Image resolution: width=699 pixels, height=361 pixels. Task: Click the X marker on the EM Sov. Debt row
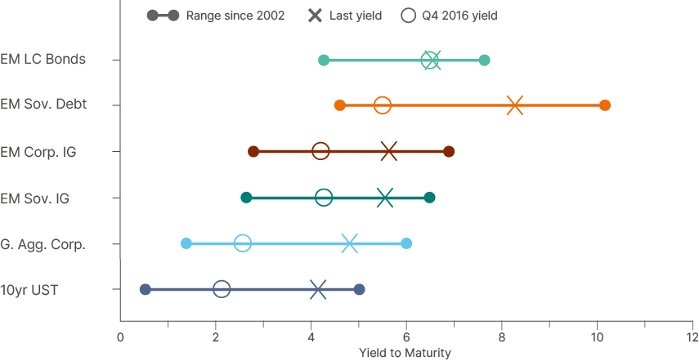coord(514,105)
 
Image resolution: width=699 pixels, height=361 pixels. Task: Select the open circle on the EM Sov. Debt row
coord(383,105)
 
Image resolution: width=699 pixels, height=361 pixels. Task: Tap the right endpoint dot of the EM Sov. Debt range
coord(605,105)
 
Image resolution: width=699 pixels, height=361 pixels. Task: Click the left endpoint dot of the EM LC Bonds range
coord(324,60)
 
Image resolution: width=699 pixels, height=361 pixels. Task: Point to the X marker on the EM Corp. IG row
coord(389,151)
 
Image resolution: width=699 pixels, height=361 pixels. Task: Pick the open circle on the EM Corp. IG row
coord(320,151)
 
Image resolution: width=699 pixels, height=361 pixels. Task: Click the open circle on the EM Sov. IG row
coord(324,198)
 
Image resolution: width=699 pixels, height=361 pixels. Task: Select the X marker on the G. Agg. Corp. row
coord(350,243)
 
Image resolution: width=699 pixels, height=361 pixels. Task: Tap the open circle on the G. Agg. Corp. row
coord(242,243)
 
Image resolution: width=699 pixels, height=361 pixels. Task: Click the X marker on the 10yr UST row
coord(319,289)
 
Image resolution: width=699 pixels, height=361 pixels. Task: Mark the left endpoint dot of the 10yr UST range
coord(146,289)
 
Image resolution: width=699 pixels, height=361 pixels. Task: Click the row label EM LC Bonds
coord(43,60)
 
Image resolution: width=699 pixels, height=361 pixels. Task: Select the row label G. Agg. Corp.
coord(43,244)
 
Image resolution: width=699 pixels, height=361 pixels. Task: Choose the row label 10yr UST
coord(29,290)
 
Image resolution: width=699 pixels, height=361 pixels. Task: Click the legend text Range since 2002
coord(235,16)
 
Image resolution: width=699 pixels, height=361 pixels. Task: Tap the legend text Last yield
coord(356,16)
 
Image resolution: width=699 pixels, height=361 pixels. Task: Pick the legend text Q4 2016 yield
coord(459,16)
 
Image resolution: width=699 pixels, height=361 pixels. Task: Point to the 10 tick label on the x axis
coord(597,338)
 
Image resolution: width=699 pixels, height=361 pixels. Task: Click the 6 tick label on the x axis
coord(406,338)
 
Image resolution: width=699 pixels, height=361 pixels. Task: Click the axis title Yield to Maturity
coord(405,353)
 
